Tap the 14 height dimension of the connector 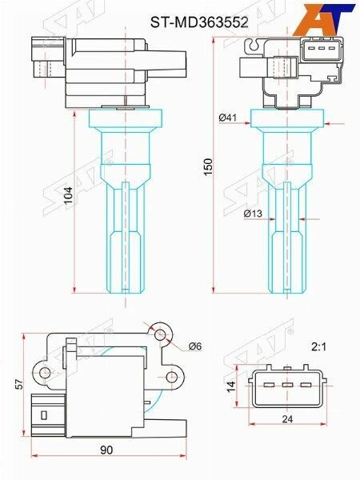(230, 386)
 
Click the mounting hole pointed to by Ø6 (162, 332)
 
